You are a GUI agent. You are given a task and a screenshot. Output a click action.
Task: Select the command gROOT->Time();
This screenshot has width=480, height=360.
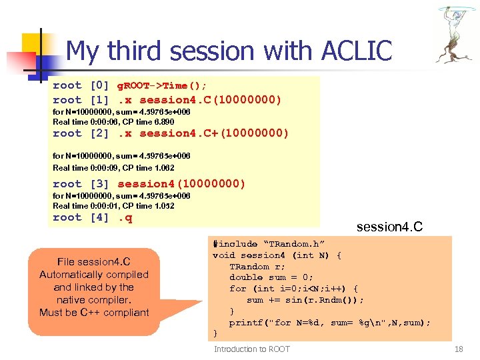pyautogui.click(x=162, y=85)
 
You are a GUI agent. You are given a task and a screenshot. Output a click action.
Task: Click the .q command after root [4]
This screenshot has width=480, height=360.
pyautogui.click(x=125, y=217)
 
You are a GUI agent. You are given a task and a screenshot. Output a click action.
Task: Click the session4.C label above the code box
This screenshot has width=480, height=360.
pyautogui.click(x=389, y=227)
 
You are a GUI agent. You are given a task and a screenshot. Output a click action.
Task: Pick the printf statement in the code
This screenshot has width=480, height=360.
pyautogui.click(x=329, y=323)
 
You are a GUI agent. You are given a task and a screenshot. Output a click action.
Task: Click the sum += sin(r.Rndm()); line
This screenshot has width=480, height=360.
pyautogui.click(x=305, y=300)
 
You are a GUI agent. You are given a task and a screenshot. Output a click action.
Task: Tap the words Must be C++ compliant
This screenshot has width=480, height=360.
pyautogui.click(x=94, y=312)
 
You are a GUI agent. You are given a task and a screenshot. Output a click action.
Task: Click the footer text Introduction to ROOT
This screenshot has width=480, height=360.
pyautogui.click(x=252, y=349)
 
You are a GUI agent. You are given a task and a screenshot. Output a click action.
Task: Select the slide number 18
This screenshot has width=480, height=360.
pyautogui.click(x=458, y=349)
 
